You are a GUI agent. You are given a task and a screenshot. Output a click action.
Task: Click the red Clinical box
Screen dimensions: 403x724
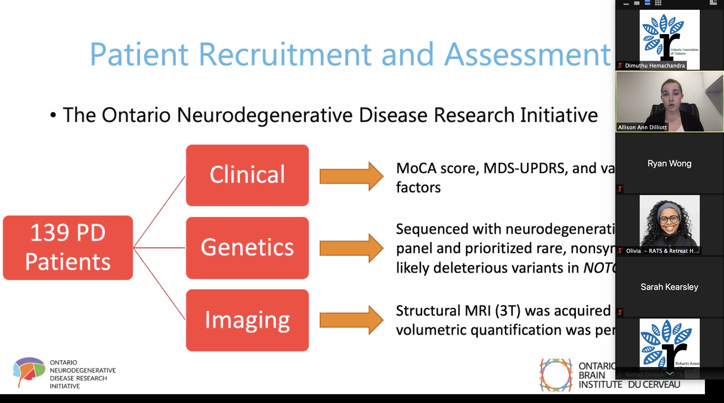[247, 175]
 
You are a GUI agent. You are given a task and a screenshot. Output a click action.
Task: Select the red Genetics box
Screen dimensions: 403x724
[247, 248]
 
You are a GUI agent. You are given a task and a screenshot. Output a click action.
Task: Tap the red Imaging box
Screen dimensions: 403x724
[247, 320]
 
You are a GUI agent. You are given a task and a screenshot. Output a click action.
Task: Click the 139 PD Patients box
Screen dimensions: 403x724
[68, 247]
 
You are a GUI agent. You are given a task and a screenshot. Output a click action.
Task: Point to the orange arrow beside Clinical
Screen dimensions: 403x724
[351, 176]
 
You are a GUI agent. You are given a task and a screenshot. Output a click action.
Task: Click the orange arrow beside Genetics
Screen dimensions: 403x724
[351, 248]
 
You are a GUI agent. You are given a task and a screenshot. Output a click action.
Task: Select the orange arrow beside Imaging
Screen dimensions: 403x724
[351, 320]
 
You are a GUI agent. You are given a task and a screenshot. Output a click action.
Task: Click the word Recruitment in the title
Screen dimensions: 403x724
[285, 54]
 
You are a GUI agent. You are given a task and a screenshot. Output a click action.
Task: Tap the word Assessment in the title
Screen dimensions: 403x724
[527, 54]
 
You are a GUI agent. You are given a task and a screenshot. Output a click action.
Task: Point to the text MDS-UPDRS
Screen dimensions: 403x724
[524, 168]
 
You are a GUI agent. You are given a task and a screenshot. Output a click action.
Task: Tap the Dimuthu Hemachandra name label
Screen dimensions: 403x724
[655, 66]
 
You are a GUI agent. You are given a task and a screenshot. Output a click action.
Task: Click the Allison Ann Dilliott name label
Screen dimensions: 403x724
[642, 128]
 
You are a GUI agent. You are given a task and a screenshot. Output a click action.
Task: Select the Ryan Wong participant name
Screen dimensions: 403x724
[669, 164]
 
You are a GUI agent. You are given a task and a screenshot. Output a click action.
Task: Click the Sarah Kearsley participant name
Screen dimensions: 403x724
[669, 287]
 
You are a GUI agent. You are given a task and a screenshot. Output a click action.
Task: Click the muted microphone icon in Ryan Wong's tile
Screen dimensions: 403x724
[620, 189]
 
